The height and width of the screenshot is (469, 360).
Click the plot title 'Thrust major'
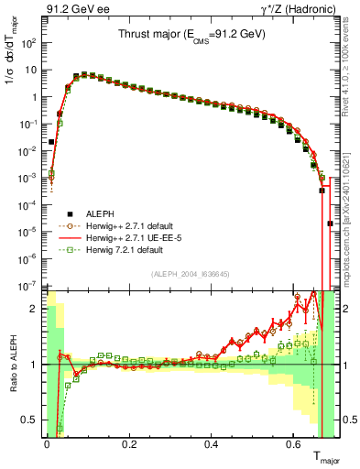coord(191,34)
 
